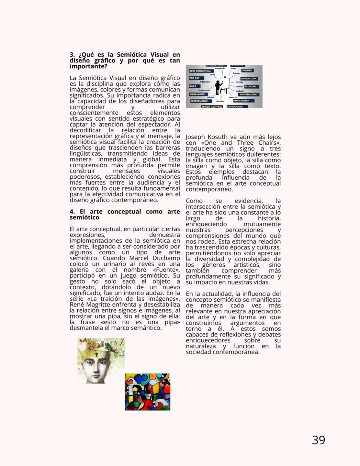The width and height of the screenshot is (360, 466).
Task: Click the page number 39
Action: coord(318,440)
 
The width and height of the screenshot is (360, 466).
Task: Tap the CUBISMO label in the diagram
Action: coord(247,70)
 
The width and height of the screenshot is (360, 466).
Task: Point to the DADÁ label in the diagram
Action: coord(193,86)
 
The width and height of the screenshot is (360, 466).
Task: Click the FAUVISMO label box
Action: coord(250,86)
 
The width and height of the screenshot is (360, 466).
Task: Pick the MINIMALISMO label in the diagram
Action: coord(241,101)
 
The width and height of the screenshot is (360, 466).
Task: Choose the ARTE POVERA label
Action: coord(235,106)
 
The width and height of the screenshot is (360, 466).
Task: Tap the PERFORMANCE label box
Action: coord(199,101)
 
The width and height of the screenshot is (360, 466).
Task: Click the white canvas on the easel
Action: coord(225,84)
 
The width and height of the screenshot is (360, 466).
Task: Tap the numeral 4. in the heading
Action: coord(72,212)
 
